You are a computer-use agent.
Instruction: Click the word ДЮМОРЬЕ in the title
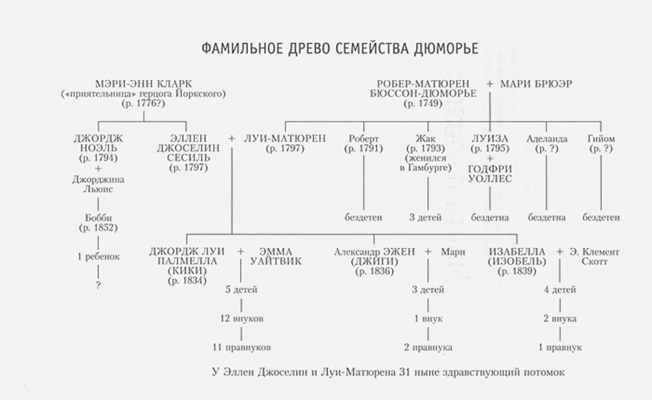tap(446, 48)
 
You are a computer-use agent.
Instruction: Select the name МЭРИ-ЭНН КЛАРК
tap(143, 84)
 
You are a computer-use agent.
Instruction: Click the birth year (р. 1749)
tap(423, 103)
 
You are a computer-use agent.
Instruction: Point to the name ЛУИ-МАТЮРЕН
tap(285, 138)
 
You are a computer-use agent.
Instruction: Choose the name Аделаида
tap(547, 138)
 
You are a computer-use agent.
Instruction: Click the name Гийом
tap(601, 138)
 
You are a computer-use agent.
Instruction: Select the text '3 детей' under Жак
tap(425, 217)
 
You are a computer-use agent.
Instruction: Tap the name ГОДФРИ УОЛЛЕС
tap(490, 174)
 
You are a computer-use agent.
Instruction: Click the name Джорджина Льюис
tap(98, 185)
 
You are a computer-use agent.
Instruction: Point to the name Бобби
tap(98, 218)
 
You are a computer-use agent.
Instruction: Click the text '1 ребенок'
tap(98, 256)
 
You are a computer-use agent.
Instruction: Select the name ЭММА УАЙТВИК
tap(275, 256)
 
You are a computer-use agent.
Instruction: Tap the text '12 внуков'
tap(242, 319)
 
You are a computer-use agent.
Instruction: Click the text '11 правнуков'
tap(242, 348)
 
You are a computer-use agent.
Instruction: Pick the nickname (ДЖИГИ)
tap(374, 262)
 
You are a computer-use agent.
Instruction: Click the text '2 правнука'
tap(428, 348)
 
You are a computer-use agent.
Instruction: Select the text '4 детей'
tap(559, 290)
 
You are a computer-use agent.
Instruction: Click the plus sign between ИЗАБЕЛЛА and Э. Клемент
tap(559, 252)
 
